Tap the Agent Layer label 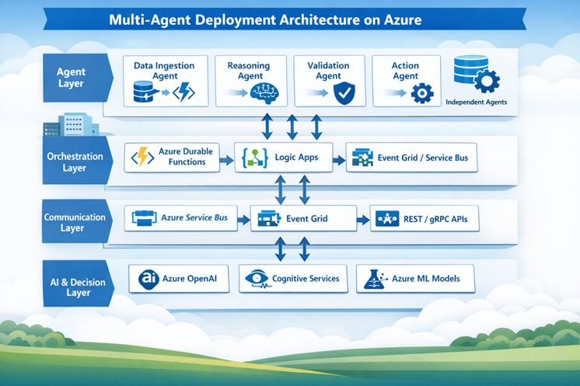72,78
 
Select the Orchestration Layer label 75,162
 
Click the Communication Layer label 74,223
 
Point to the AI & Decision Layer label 75,282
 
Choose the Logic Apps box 283,157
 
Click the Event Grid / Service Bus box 411,158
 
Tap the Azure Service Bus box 180,218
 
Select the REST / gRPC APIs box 424,219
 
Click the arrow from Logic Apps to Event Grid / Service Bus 338,158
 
